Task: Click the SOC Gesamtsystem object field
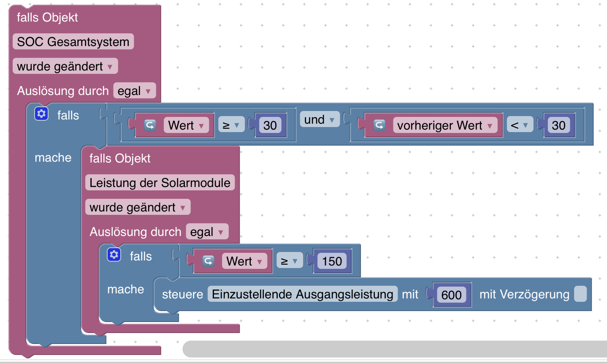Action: coord(73,42)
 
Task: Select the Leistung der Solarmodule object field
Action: coord(160,183)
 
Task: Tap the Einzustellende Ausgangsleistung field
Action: coord(302,294)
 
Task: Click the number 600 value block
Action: coord(451,295)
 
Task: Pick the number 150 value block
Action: coord(332,261)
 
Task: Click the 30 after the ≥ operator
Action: coord(270,125)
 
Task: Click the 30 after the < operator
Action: coord(558,125)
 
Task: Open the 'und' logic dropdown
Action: coord(319,120)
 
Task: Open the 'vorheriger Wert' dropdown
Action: coord(445,125)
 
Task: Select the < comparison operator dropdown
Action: coord(520,125)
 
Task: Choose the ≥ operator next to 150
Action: coord(290,261)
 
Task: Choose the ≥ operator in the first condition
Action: coord(231,125)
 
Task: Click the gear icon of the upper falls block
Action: coord(41,114)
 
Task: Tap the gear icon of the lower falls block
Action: coord(114,255)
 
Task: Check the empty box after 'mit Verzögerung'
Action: coord(580,294)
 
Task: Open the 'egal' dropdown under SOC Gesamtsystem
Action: coord(134,91)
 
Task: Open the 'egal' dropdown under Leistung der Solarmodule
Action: coord(207,232)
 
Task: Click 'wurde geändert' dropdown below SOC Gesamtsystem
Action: coord(65,66)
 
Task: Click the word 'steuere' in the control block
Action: coord(182,294)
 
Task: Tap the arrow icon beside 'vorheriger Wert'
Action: coord(379,125)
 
